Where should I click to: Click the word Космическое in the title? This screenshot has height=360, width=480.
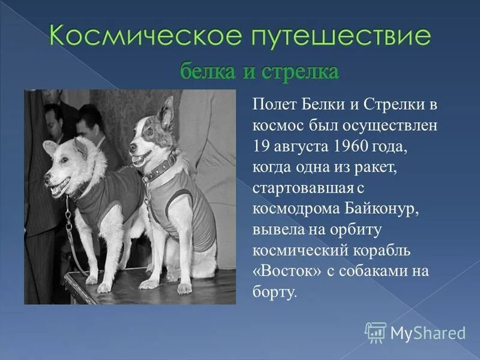(x=129, y=37)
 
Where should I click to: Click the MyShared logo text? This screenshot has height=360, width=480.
(x=428, y=332)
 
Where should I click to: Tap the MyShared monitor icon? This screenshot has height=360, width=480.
(x=376, y=332)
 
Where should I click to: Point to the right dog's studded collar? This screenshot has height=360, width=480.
(x=160, y=170)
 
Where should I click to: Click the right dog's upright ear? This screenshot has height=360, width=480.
(x=167, y=110)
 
